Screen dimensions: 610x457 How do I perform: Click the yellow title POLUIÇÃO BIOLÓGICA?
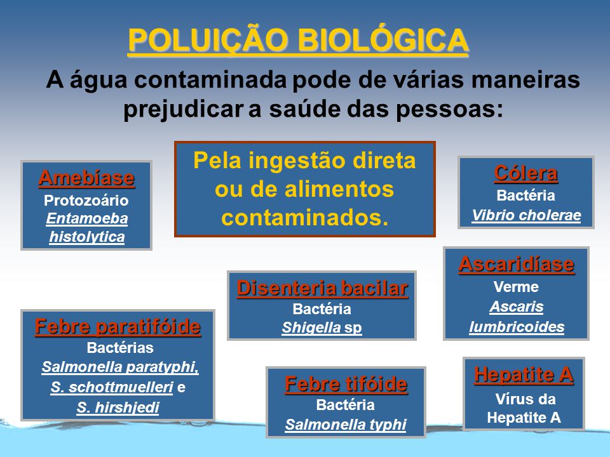[298, 41]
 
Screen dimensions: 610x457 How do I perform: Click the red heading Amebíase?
[87, 178]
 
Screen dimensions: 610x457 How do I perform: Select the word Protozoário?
[86, 200]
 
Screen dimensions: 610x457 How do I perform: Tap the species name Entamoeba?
[87, 218]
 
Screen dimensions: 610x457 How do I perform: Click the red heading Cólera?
[526, 173]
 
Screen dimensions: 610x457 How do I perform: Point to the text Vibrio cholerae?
[526, 215]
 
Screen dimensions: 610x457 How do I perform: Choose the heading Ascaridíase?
[517, 264]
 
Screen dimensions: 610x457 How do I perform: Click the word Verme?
[516, 287]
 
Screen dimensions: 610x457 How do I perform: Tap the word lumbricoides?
[517, 327]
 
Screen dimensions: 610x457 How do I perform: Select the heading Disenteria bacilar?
[323, 288]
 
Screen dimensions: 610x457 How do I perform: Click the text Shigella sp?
[322, 328]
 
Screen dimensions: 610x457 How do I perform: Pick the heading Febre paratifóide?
[118, 326]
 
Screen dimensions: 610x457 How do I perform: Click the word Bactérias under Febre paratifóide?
[120, 348]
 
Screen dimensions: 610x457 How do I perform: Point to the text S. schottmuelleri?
[112, 387]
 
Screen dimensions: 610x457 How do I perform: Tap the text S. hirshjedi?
[118, 407]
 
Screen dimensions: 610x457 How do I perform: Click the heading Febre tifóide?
[346, 384]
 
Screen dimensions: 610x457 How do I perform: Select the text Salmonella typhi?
[346, 425]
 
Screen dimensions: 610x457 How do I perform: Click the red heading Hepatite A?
[524, 374]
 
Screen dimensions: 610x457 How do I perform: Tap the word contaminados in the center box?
[305, 218]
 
